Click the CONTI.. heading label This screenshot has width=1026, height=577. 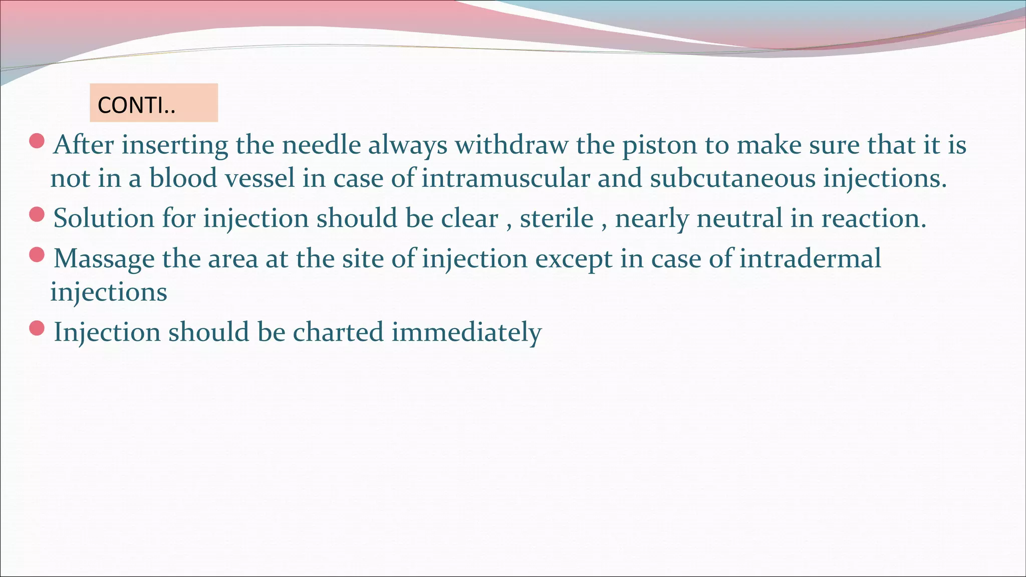click(136, 105)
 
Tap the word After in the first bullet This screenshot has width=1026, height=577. click(83, 145)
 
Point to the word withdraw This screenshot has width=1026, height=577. click(511, 145)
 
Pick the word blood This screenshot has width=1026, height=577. click(183, 178)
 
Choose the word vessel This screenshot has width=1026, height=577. click(260, 178)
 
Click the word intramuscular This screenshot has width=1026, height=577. click(505, 178)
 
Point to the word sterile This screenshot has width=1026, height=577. click(556, 218)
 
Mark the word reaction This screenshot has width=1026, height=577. click(874, 218)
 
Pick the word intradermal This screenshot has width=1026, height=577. click(810, 258)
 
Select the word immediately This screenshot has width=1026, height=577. click(466, 333)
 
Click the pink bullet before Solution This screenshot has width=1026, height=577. click(37, 214)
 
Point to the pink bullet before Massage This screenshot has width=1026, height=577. click(37, 255)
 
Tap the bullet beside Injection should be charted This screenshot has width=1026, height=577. click(37, 328)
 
